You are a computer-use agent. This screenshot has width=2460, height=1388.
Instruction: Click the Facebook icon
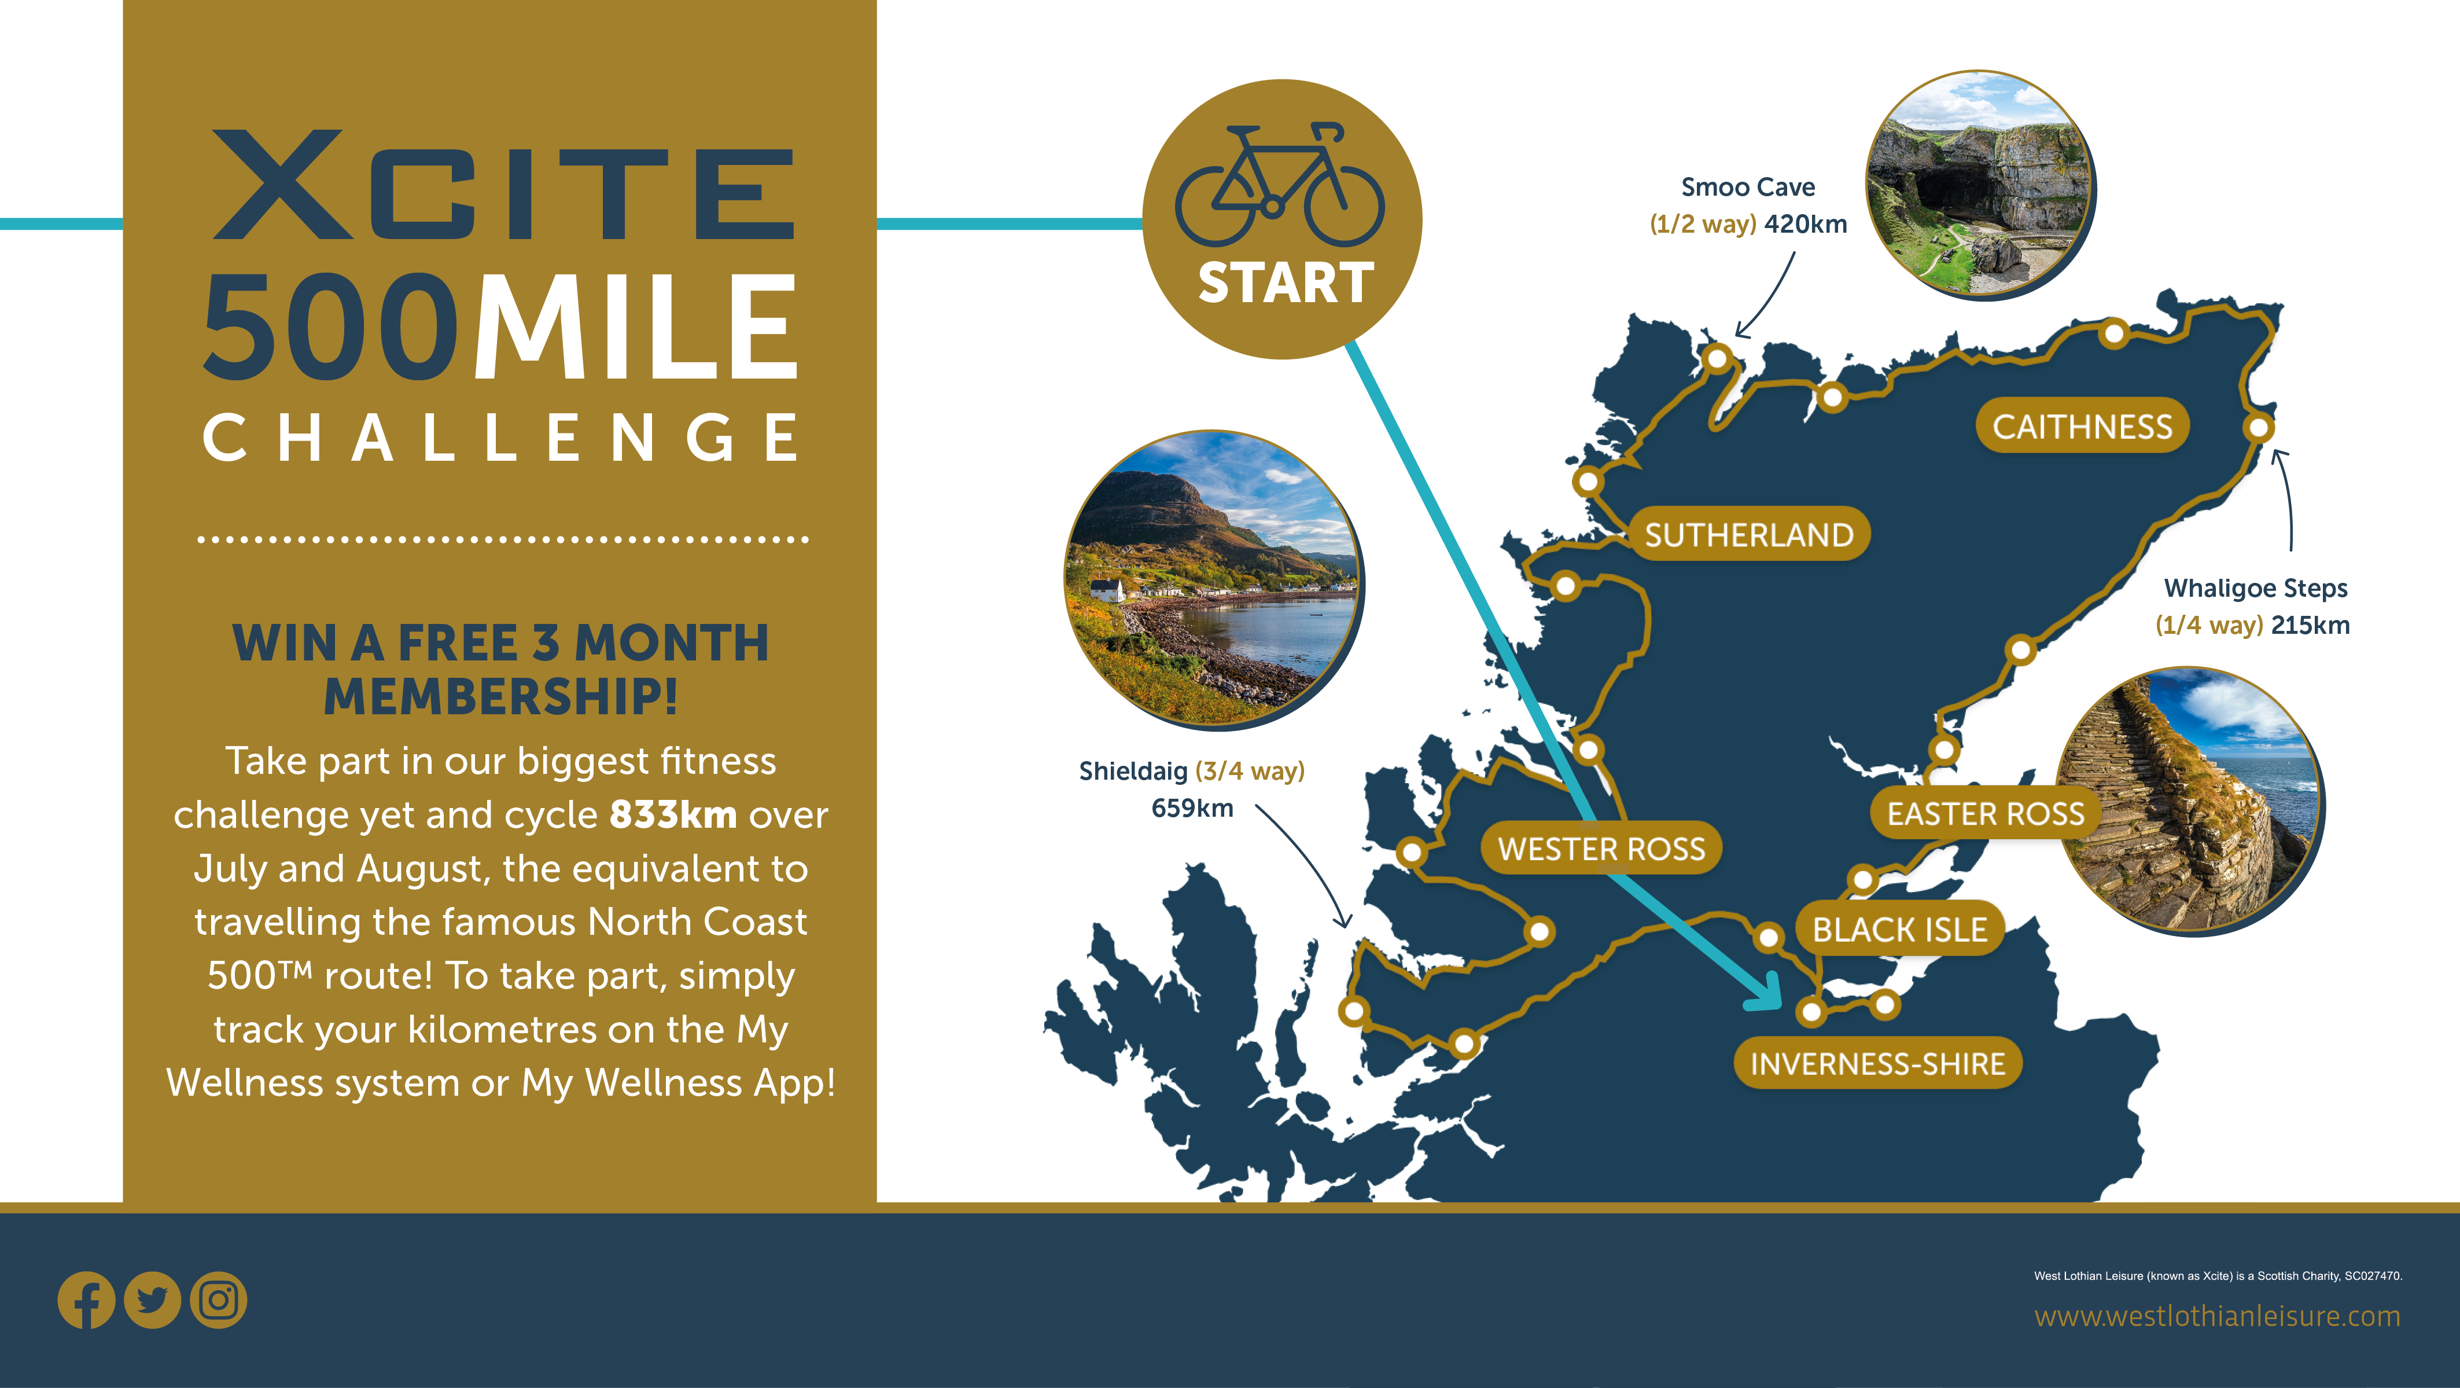click(86, 1300)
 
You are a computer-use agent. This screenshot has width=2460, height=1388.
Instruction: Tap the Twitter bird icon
click(152, 1300)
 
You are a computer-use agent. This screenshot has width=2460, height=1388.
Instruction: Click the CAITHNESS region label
click(2082, 426)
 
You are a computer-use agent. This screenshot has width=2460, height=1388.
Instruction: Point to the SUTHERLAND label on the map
click(1748, 534)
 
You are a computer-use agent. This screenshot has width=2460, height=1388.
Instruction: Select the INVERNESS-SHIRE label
click(1877, 1063)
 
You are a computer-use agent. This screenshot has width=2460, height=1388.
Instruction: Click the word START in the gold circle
click(1286, 283)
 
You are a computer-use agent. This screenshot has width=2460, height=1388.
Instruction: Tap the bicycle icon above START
click(1279, 185)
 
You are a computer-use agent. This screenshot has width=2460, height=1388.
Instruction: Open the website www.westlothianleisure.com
click(2216, 1316)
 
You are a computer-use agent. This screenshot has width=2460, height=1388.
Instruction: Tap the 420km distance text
click(1806, 225)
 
